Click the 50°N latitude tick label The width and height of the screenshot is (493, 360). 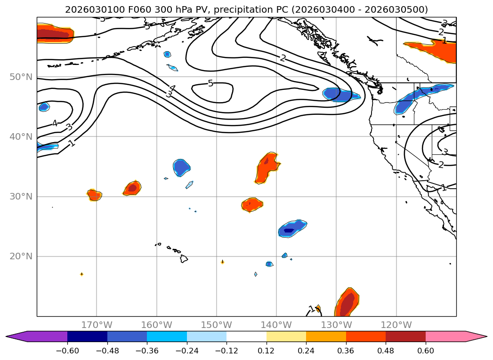(x=21, y=77)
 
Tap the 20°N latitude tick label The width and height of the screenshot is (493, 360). (x=21, y=256)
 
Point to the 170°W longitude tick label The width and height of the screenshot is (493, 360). (x=97, y=325)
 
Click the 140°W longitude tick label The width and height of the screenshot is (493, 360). (x=276, y=325)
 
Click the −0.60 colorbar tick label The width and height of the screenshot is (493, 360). (x=67, y=350)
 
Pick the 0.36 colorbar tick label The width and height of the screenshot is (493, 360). (x=346, y=350)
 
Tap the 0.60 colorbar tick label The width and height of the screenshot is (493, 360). (x=426, y=350)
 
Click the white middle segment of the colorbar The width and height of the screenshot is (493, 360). (x=246, y=336)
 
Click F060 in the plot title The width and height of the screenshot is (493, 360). (x=121, y=9)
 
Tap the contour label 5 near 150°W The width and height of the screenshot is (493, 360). (x=210, y=83)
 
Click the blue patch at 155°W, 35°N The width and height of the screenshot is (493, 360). (x=181, y=167)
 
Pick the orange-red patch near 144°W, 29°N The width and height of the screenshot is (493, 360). (x=252, y=204)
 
